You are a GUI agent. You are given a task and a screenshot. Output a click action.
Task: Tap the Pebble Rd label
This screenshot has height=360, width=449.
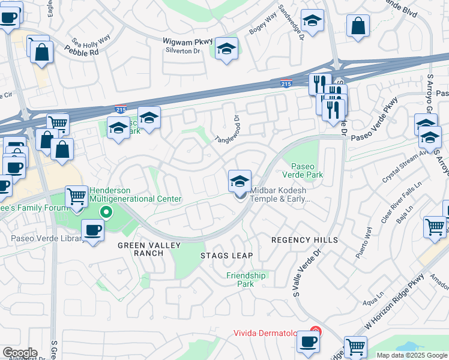pos(85,52)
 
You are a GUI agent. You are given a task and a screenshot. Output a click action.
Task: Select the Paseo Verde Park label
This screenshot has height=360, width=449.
pos(307,170)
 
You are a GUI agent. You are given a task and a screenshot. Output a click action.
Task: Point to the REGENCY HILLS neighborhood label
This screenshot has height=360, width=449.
pos(304,240)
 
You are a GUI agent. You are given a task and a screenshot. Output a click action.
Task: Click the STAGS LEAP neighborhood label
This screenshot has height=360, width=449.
pos(226,256)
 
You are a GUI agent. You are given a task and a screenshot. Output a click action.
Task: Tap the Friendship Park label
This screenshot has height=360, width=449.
pos(246,280)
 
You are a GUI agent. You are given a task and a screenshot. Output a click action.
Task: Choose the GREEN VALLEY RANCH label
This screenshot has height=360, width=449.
pos(140,249)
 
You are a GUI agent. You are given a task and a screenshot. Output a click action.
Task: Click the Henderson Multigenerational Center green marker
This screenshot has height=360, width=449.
pos(106,211)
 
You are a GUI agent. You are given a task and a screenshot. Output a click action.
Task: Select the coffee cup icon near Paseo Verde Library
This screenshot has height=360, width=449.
pos(92,230)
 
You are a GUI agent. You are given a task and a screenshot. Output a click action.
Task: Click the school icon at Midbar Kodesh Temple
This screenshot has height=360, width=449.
pos(240,180)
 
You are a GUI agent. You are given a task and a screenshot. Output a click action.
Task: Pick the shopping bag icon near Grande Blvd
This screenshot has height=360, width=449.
pos(358,26)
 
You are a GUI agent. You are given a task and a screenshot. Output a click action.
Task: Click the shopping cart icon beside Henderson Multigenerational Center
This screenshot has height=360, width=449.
pos(77,196)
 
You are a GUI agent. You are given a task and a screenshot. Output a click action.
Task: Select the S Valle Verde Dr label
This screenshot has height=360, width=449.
pos(309,274)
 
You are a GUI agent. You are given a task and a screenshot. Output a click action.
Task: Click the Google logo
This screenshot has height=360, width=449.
pos(19,353)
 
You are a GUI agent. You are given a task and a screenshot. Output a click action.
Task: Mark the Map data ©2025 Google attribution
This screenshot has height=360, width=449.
pos(412,355)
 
